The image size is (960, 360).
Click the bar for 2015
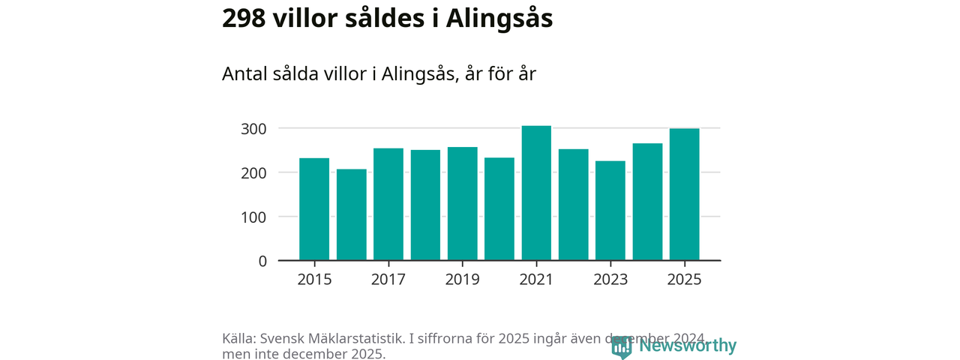314,209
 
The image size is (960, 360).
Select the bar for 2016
351,214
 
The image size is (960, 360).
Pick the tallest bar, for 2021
536,193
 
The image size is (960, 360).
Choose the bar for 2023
610,211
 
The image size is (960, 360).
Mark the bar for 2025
684,194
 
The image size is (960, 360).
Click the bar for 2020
499,209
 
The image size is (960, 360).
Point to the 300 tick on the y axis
253,129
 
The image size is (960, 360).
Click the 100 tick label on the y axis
253,217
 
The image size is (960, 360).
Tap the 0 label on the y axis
262,261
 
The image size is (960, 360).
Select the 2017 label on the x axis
388,280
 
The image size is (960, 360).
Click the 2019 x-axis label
462,280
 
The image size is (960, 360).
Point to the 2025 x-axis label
684,280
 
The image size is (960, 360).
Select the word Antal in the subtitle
245,74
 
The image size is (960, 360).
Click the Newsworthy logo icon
621,346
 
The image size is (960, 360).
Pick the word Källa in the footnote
239,338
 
